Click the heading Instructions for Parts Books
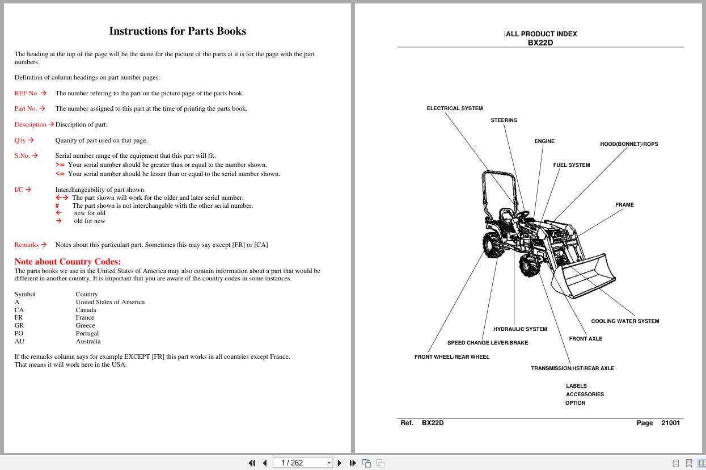tap(177, 31)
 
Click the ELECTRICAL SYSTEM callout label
tap(455, 108)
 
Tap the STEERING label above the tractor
tap(504, 120)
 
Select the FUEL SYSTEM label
tap(572, 165)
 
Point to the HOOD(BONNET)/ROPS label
tap(629, 144)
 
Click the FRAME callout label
tap(624, 205)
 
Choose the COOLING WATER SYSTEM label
tap(625, 321)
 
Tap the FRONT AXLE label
tap(586, 339)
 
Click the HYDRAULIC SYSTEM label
tap(520, 329)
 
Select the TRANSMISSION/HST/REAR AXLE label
tap(572, 368)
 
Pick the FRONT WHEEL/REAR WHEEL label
tap(451, 357)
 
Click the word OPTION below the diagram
tap(575, 403)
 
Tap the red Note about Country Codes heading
tap(67, 262)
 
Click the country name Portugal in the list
tap(87, 334)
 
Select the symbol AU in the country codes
tap(19, 342)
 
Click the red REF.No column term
tap(26, 93)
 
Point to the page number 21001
tap(670, 423)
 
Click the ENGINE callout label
tap(544, 141)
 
